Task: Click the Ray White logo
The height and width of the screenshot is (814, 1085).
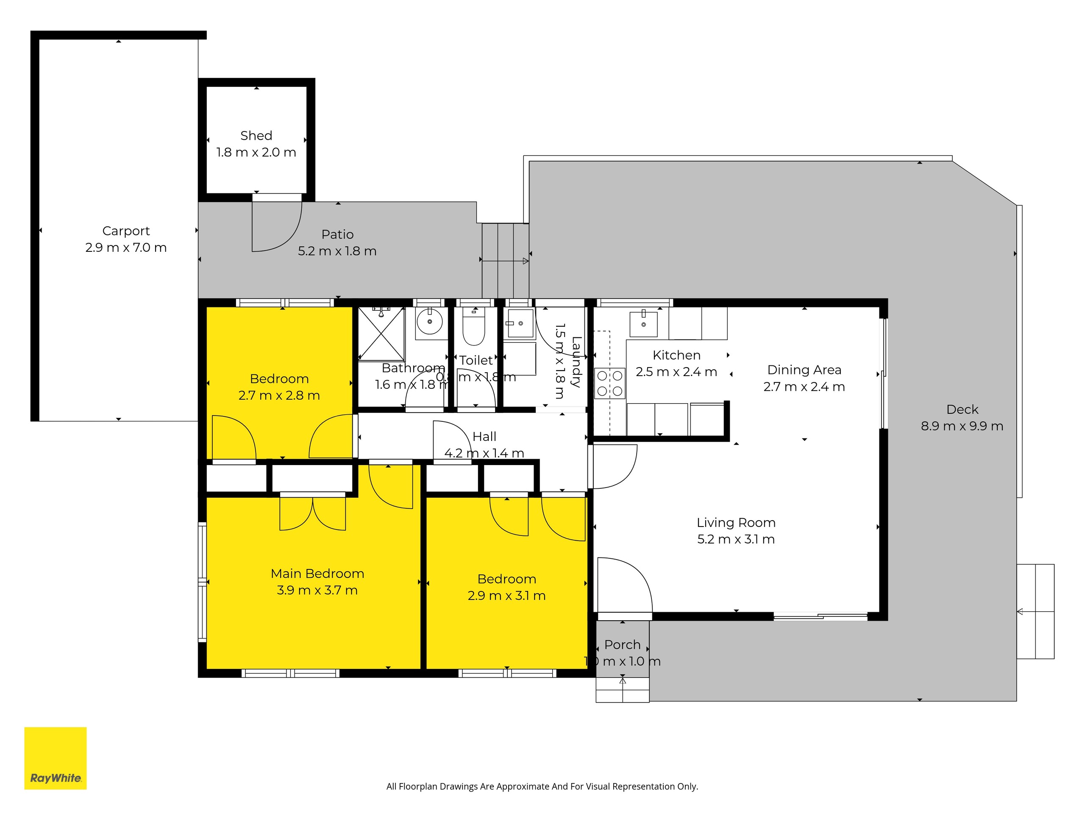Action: (56, 758)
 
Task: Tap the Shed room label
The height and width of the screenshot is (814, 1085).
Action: (256, 135)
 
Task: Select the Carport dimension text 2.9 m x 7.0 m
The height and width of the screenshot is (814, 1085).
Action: (126, 248)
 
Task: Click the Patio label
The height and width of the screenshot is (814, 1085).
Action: (337, 234)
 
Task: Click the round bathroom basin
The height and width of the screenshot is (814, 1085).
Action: (430, 322)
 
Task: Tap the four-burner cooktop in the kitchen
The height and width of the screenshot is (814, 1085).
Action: (610, 383)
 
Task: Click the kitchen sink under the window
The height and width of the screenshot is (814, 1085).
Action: (643, 323)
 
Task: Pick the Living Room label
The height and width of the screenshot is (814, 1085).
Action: (736, 523)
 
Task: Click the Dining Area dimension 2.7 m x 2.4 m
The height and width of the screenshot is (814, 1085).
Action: (804, 387)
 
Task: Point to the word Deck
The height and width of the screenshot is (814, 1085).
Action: (962, 409)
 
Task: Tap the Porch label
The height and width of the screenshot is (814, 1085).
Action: (622, 645)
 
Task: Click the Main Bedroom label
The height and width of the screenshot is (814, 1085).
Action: (317, 574)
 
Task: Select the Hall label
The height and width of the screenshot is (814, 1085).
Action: (484, 437)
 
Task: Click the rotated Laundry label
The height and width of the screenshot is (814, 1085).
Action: (576, 362)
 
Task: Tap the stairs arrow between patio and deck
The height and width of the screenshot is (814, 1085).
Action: (505, 261)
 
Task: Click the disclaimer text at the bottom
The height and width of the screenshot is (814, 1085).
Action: (542, 786)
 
